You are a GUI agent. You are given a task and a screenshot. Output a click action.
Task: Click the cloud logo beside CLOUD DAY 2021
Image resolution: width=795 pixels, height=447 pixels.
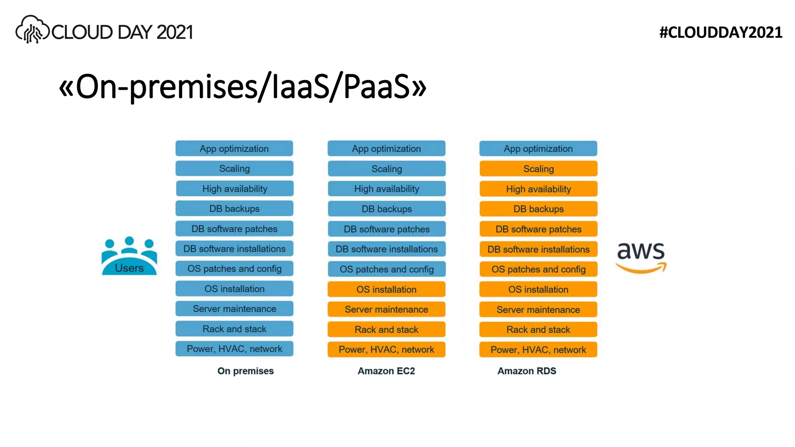(32, 29)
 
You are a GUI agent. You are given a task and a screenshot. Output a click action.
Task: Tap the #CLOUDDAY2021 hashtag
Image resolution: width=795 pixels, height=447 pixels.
(720, 33)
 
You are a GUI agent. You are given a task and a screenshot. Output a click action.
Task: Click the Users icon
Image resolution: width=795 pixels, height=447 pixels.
(129, 256)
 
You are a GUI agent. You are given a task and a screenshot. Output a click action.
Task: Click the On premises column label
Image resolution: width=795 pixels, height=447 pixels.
(245, 371)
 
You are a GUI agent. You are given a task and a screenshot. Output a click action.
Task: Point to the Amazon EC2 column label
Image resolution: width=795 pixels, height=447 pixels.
(386, 371)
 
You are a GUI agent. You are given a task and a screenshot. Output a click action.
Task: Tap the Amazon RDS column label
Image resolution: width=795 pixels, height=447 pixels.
(527, 371)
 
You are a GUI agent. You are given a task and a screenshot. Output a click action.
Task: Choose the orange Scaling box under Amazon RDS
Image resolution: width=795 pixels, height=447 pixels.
(538, 169)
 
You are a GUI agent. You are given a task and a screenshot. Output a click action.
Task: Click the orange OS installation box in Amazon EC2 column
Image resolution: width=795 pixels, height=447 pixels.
(386, 289)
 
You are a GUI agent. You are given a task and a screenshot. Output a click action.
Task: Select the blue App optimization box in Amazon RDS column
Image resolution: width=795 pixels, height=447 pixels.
(538, 149)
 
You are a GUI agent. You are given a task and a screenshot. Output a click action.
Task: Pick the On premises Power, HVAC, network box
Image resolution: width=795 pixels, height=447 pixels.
(234, 349)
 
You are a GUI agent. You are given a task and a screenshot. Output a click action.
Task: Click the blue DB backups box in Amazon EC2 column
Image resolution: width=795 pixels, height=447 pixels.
(386, 209)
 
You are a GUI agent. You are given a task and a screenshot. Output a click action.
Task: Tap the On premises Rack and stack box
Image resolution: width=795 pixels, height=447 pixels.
(234, 329)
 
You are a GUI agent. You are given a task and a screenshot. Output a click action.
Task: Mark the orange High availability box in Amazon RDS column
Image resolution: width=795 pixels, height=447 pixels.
(538, 189)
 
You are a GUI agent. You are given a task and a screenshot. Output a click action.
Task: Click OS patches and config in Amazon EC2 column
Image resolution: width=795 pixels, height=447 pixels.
(386, 269)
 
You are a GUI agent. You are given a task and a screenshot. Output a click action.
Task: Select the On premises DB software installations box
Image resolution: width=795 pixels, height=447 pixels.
(234, 249)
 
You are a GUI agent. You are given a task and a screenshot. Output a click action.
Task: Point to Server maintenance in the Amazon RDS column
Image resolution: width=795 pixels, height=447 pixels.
(538, 310)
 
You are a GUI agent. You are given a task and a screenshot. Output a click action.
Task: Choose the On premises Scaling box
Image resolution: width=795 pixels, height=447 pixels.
(234, 168)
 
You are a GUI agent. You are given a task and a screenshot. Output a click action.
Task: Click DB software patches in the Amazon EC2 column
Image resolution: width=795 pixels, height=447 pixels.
(386, 229)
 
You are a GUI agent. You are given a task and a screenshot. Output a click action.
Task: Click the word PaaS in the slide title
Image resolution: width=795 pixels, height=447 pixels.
(377, 87)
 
